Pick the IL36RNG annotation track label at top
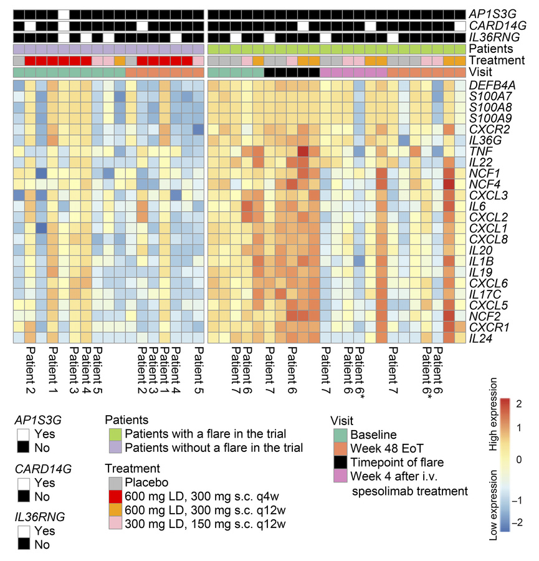[494, 37]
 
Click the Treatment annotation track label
[497, 60]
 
